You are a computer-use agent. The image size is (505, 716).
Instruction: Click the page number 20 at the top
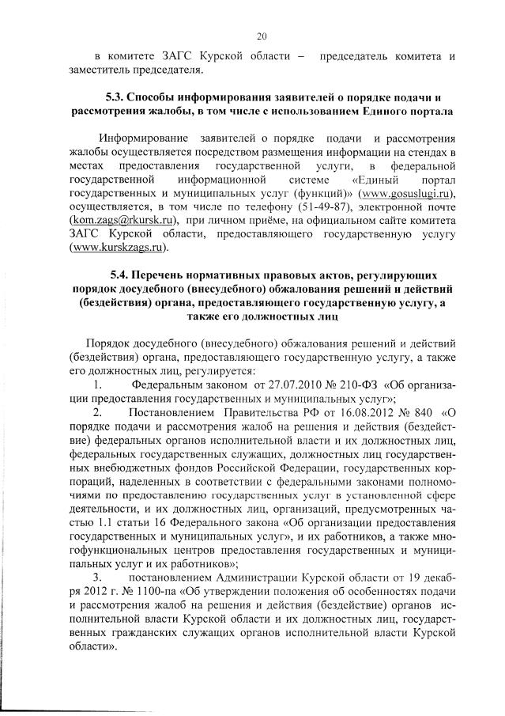tap(262, 35)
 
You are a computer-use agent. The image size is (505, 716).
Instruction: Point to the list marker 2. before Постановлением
tap(98, 412)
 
